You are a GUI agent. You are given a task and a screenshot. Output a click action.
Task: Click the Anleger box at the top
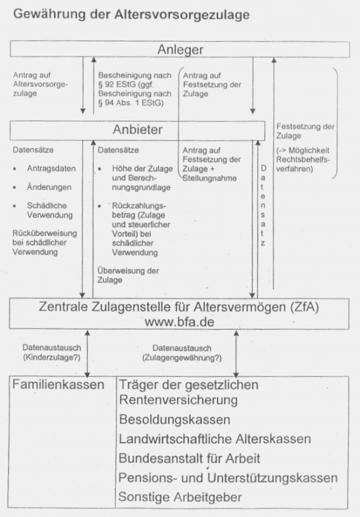(x=179, y=50)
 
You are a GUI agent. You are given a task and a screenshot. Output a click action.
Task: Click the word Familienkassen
(x=58, y=384)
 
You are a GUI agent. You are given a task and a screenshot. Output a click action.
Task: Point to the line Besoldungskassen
(x=174, y=419)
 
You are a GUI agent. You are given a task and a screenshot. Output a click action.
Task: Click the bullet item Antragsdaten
(x=51, y=169)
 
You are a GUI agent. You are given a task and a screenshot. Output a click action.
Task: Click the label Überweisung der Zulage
(x=129, y=276)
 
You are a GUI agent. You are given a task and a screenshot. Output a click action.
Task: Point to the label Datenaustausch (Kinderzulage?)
(x=52, y=352)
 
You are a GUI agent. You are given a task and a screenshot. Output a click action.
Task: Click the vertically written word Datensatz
(x=263, y=206)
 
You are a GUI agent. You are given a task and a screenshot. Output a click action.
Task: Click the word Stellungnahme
(x=210, y=178)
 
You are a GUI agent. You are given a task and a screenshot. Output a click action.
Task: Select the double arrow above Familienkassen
(x=86, y=354)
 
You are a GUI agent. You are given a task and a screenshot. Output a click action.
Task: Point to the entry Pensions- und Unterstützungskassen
(x=228, y=478)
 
